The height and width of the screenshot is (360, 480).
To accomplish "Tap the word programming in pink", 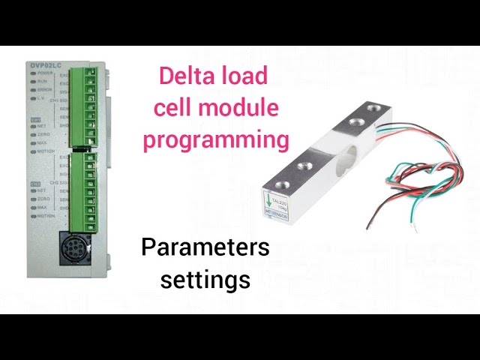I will coord(216,139).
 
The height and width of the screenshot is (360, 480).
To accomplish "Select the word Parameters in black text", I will coord(205,247).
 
